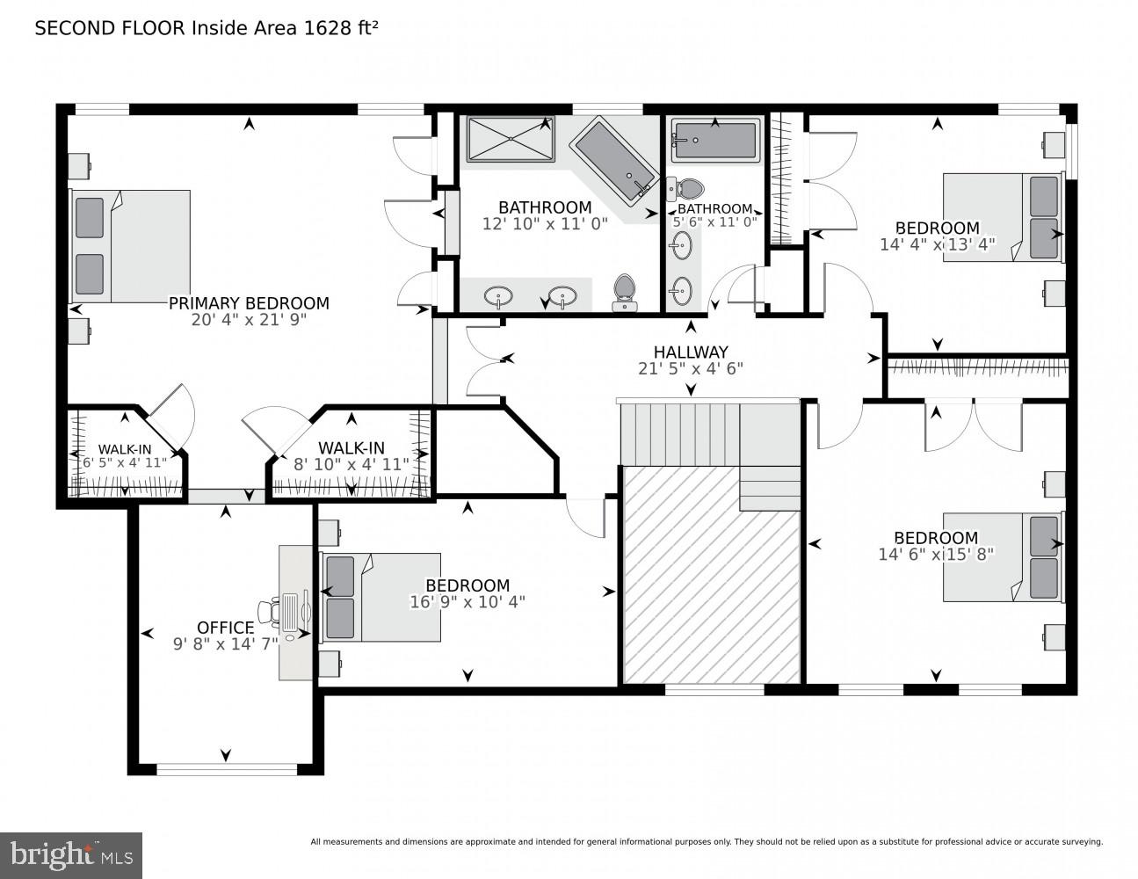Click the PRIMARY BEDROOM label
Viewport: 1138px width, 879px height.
(249, 303)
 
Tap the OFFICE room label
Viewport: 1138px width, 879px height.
(225, 627)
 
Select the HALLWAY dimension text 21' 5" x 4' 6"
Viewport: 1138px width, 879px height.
(691, 368)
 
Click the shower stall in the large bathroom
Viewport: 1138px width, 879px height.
(510, 139)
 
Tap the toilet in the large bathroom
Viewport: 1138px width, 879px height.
(625, 291)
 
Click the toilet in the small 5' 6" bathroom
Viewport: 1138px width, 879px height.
(686, 188)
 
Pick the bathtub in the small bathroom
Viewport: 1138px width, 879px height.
(715, 140)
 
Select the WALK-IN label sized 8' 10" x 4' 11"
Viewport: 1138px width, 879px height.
(351, 448)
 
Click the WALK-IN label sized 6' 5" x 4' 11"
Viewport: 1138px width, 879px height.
(124, 449)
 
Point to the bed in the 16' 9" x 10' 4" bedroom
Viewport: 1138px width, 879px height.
(380, 597)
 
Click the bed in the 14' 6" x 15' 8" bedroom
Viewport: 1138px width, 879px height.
(1002, 557)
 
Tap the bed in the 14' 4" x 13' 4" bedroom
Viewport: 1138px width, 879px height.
(1002, 216)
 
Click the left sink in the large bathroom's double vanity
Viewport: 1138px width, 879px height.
(499, 294)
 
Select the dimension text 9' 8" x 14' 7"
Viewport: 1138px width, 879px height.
(225, 643)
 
